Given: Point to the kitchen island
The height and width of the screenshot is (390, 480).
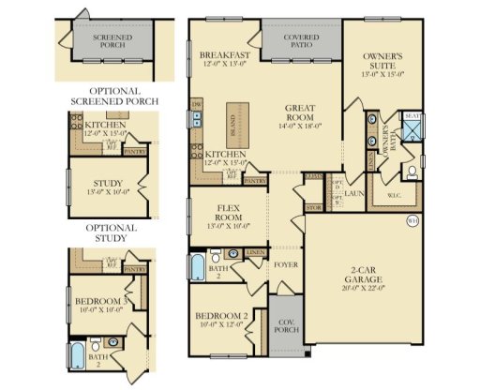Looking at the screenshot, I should point(234,124).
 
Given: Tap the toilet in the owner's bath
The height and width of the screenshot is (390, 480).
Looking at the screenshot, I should point(411,172).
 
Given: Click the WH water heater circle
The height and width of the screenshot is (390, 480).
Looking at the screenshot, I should point(412,222).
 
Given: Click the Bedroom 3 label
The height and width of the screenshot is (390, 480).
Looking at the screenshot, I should point(100,301).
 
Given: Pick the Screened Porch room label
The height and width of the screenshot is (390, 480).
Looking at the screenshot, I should point(112,41).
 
